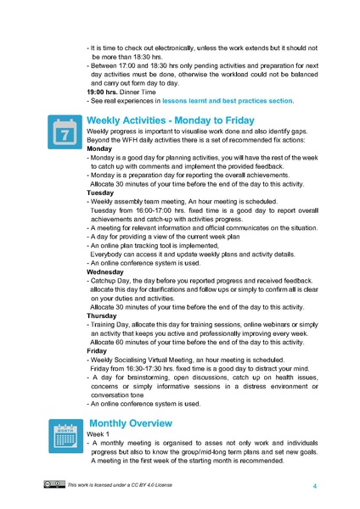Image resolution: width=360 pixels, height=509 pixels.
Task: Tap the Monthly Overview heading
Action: [x=131, y=423]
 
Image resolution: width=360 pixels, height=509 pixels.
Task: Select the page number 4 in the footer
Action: [x=314, y=485]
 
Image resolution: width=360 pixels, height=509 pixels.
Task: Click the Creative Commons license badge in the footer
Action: [x=54, y=484]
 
